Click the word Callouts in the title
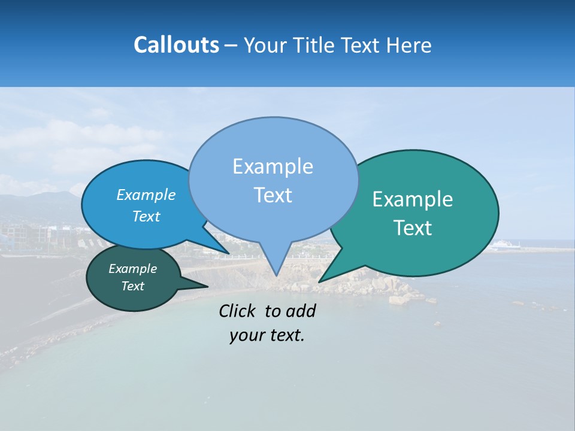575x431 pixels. (176, 45)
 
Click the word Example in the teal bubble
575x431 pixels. (413, 199)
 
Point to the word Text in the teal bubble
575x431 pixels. (413, 228)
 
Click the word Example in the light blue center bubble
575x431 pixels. (273, 166)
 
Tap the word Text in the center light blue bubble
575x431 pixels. (273, 195)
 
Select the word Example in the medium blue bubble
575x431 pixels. (146, 195)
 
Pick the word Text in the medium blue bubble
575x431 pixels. (146, 216)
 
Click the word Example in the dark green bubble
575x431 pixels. (133, 269)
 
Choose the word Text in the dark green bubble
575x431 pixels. (133, 286)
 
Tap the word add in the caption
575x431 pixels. (301, 311)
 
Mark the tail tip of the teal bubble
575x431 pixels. (319, 281)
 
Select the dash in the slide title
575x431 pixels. (231, 45)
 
